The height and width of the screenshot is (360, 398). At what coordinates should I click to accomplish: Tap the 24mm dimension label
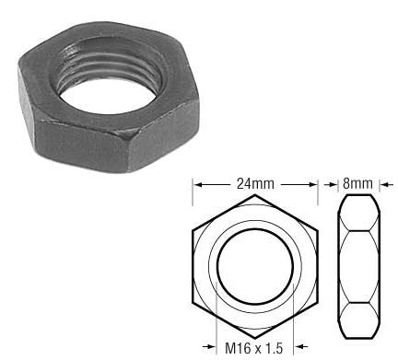[x=255, y=183]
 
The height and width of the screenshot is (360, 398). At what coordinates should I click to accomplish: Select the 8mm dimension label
[x=357, y=183]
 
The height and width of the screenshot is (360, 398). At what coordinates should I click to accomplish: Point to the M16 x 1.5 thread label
[x=253, y=348]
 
